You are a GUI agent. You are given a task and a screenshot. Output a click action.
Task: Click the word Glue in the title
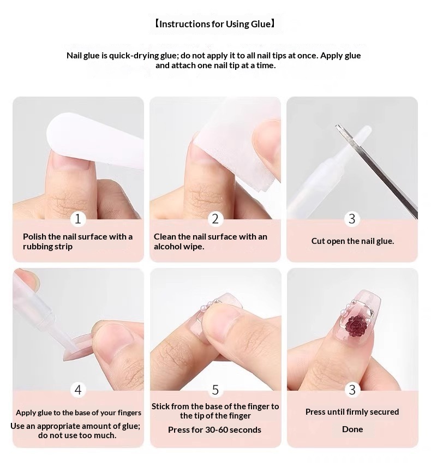(260, 24)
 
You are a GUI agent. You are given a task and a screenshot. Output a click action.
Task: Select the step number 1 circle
(78, 219)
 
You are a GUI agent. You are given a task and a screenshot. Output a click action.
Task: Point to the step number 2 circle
(215, 219)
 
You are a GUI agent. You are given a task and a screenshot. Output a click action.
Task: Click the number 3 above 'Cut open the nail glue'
(352, 219)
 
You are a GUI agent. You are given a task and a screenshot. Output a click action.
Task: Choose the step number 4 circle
(78, 390)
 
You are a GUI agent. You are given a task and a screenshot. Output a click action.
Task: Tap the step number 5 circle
(215, 390)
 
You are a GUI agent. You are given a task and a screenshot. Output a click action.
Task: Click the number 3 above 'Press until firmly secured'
(352, 390)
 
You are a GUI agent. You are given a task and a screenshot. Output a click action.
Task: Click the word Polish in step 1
(34, 237)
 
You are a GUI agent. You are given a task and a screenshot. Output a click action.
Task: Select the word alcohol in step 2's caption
(167, 247)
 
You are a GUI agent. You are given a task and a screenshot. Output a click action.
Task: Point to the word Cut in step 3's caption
(318, 241)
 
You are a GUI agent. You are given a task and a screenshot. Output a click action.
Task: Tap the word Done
(352, 429)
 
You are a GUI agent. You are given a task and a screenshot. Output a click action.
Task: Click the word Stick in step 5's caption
(160, 407)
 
